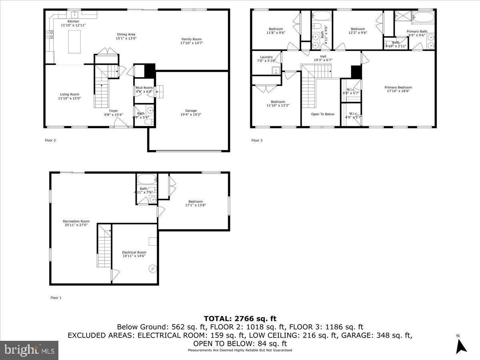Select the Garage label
coord(191,111)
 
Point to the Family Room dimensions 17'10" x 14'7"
coord(192,43)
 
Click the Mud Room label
coord(144,88)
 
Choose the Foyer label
coord(114,111)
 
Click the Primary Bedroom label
coord(398,87)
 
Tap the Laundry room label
coord(266,57)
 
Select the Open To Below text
coord(322,114)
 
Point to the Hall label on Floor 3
coord(323,56)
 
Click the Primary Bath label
coord(417,31)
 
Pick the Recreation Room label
coord(76,221)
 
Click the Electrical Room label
coord(134,252)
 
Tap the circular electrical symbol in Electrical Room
coord(153,268)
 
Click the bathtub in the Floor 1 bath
coord(146,179)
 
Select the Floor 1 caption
coord(56,298)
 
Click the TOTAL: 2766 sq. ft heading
coord(240,318)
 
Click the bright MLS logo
coord(29,350)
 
